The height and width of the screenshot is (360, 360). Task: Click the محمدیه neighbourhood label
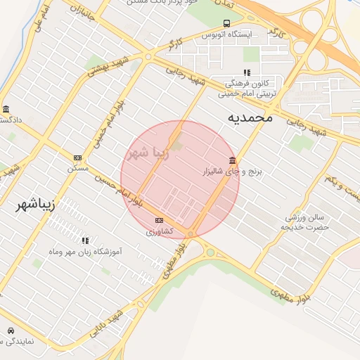[250, 117]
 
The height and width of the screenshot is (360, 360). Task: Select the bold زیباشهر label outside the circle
[35, 205]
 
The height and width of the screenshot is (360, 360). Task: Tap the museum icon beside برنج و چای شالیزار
[233, 159]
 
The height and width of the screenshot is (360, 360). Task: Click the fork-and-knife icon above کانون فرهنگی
[246, 72]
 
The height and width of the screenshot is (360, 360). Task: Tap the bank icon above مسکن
[77, 158]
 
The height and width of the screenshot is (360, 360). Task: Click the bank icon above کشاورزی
[159, 220]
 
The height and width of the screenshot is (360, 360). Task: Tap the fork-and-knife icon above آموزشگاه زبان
[86, 240]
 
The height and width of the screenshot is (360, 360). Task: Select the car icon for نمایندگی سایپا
[11, 330]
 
